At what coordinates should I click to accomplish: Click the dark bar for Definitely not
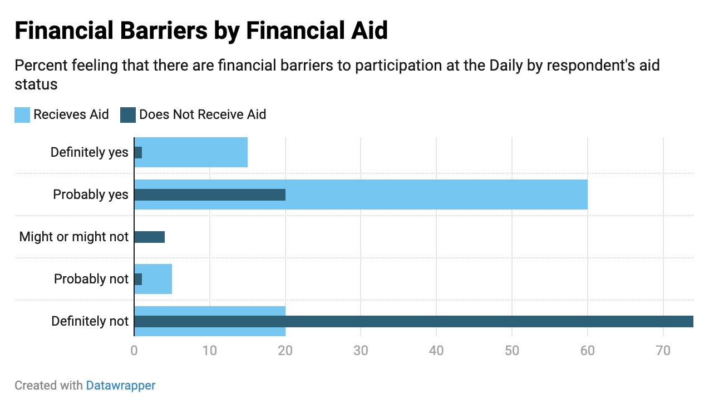pyautogui.click(x=413, y=321)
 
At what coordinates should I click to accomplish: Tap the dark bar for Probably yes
pyautogui.click(x=210, y=194)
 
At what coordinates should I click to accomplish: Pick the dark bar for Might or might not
pyautogui.click(x=150, y=237)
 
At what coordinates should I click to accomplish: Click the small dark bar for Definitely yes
pyautogui.click(x=138, y=152)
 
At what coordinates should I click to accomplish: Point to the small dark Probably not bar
pyautogui.click(x=138, y=279)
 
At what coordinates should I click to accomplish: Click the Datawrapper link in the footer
pyautogui.click(x=120, y=385)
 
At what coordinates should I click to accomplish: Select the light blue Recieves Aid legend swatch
pyautogui.click(x=22, y=115)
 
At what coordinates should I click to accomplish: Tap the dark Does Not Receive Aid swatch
pyautogui.click(x=128, y=115)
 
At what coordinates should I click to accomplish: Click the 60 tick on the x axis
pyautogui.click(x=588, y=351)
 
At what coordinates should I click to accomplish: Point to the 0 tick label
pyautogui.click(x=134, y=351)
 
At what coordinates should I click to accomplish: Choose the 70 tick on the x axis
pyautogui.click(x=663, y=351)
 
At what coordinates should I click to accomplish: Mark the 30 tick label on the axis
pyautogui.click(x=361, y=351)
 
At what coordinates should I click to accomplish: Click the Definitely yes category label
pyautogui.click(x=89, y=152)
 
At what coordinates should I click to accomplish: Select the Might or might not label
pyautogui.click(x=74, y=237)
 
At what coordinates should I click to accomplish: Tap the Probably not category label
pyautogui.click(x=91, y=279)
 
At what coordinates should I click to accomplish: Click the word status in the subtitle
pyautogui.click(x=36, y=84)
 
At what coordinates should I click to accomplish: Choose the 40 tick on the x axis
pyautogui.click(x=436, y=351)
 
